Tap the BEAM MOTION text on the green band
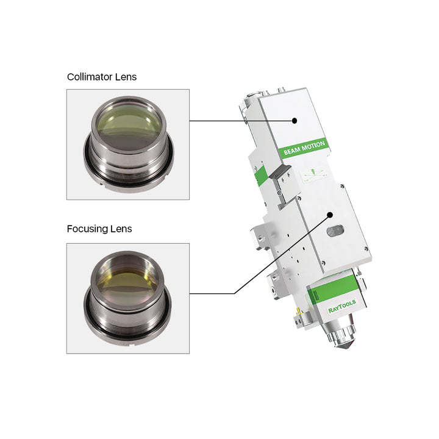pyautogui.click(x=304, y=148)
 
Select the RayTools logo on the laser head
pyautogui.click(x=342, y=306)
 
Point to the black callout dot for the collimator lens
pyautogui.click(x=294, y=121)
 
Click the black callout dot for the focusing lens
pyautogui.click(x=330, y=215)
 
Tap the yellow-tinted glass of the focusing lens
pyautogui.click(x=128, y=283)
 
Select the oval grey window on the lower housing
pyautogui.click(x=335, y=230)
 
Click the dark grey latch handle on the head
pyautogui.click(x=279, y=171)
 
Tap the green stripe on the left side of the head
pyautogui.click(x=261, y=176)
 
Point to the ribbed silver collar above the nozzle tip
pyautogui.click(x=341, y=332)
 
